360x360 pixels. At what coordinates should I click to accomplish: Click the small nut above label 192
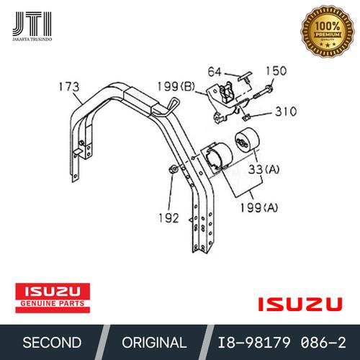coord(174,170)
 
